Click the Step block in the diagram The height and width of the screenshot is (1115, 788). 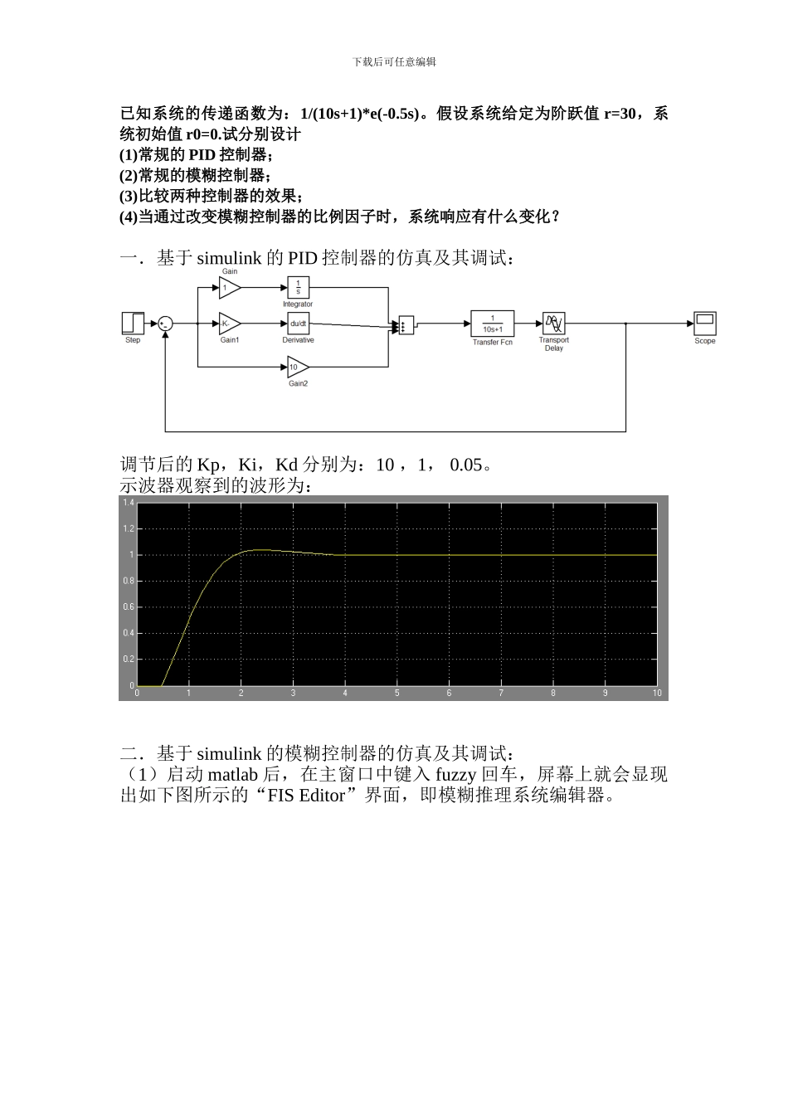[x=133, y=323]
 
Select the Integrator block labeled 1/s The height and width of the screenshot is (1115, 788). [x=298, y=287]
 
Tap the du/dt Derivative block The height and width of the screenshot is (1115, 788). [x=298, y=324]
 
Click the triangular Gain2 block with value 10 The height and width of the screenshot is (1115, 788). [x=297, y=366]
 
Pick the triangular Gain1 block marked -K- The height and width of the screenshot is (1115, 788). [x=229, y=324]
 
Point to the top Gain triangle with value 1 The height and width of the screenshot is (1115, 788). [x=228, y=287]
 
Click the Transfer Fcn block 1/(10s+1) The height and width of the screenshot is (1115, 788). [x=492, y=324]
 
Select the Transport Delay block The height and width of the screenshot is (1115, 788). [x=553, y=324]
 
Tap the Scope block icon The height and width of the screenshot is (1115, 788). [x=704, y=324]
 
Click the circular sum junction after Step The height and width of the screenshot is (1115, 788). [x=166, y=324]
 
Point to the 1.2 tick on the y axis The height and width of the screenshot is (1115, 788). [x=129, y=528]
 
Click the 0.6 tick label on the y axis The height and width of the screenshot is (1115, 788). [x=129, y=607]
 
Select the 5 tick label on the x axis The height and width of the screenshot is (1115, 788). [x=397, y=693]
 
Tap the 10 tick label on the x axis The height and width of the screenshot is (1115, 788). [x=657, y=693]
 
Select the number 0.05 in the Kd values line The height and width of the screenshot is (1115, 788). [x=466, y=465]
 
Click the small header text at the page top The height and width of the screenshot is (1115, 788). [x=394, y=61]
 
